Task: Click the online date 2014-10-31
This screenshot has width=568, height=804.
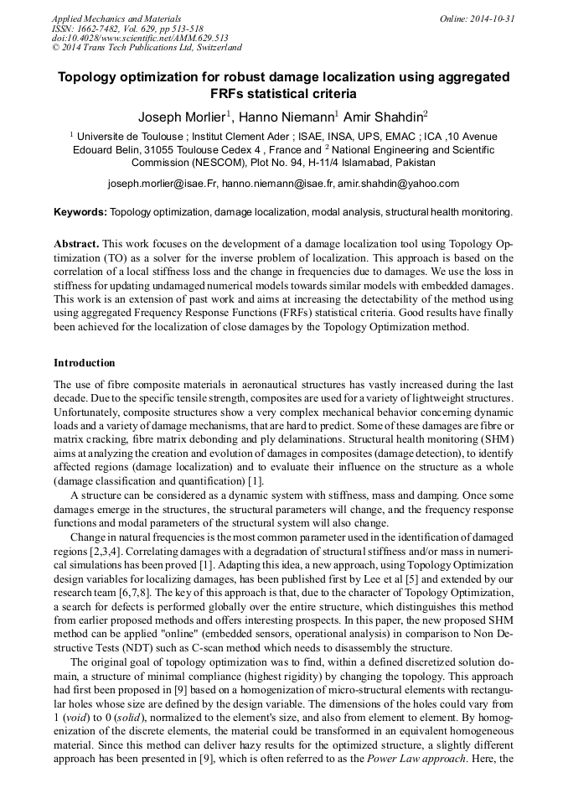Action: [493, 18]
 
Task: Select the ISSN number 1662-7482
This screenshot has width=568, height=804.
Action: [105, 29]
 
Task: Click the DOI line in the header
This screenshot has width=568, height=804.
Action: [140, 38]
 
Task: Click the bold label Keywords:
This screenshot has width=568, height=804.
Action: [80, 213]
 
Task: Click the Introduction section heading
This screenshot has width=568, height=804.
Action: [85, 363]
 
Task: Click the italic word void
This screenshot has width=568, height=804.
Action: [80, 718]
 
